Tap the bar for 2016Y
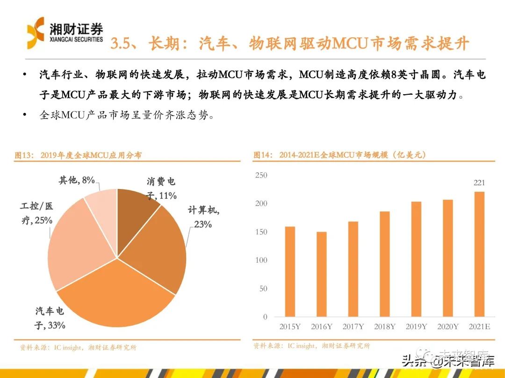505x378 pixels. pos(322,274)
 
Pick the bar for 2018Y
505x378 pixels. pos(384,264)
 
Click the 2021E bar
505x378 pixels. pos(479,254)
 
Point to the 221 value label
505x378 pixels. pos(479,183)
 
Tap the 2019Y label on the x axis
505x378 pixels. pos(416,327)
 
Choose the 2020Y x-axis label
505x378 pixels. pos(448,327)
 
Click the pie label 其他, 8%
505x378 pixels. pos(77,180)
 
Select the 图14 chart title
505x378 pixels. pos(339,155)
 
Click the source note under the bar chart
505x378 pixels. pos(311,346)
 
